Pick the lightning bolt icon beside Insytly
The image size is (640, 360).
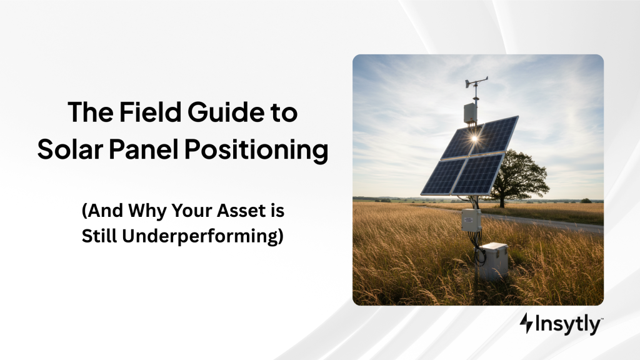526,324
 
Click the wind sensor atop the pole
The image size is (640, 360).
476,82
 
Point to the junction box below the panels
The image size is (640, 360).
471,219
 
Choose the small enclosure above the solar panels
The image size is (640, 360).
470,113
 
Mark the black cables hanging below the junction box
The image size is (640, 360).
478,247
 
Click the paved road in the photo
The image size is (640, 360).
562,222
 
